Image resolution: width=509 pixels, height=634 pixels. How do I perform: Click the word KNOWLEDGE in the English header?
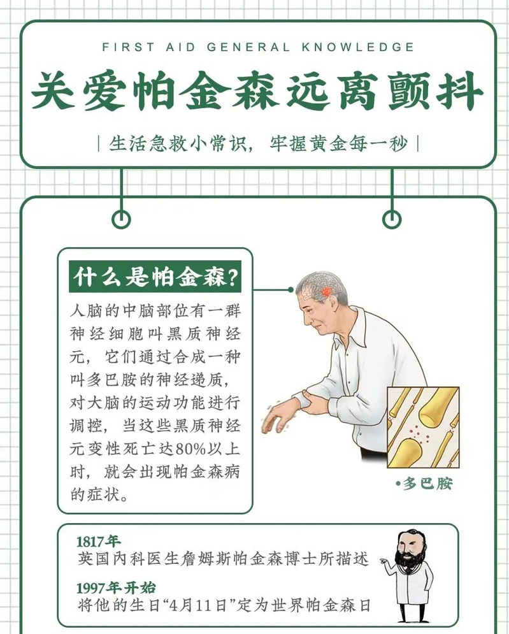point(357,47)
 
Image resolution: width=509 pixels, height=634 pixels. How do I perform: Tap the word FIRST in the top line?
point(128,47)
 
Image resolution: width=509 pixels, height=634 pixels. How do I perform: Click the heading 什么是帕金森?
point(155,277)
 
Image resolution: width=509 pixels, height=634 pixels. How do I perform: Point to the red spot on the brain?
point(326,292)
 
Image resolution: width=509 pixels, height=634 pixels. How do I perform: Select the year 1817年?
point(98,541)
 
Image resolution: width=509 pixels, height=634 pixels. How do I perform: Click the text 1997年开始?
point(117,587)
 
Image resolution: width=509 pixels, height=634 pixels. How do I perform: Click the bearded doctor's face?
point(410,548)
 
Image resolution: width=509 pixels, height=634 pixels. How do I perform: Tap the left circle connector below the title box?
point(121,220)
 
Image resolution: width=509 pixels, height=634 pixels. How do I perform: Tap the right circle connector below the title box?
point(392,220)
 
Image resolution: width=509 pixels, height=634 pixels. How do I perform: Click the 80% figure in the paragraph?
point(190,449)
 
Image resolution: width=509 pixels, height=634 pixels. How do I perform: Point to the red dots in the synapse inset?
point(414,435)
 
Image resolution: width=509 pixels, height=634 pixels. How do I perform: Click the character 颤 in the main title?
point(408,90)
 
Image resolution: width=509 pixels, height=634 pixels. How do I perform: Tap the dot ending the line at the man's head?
point(290,289)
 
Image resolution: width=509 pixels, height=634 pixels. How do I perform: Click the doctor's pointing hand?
point(384,561)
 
